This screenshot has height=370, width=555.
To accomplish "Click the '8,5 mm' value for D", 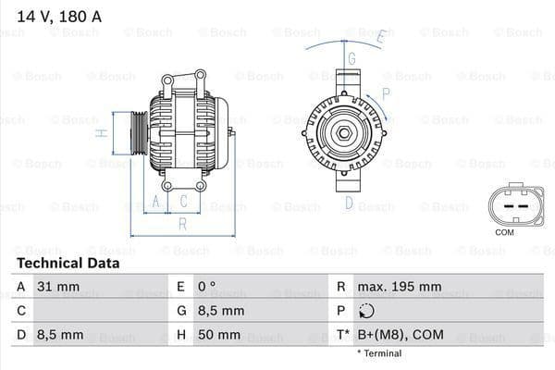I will [59, 334].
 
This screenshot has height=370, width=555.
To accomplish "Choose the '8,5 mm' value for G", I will [221, 311].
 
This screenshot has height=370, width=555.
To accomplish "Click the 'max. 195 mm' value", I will [401, 287].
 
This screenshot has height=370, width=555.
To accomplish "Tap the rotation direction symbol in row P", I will [364, 311].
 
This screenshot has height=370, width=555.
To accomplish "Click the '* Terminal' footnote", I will [378, 353].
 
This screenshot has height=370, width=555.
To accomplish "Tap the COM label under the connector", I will [505, 231].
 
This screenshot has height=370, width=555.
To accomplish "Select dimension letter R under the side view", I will [183, 223].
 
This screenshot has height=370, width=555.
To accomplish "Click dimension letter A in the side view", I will [155, 201].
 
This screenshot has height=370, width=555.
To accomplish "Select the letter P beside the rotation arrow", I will [386, 92].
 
